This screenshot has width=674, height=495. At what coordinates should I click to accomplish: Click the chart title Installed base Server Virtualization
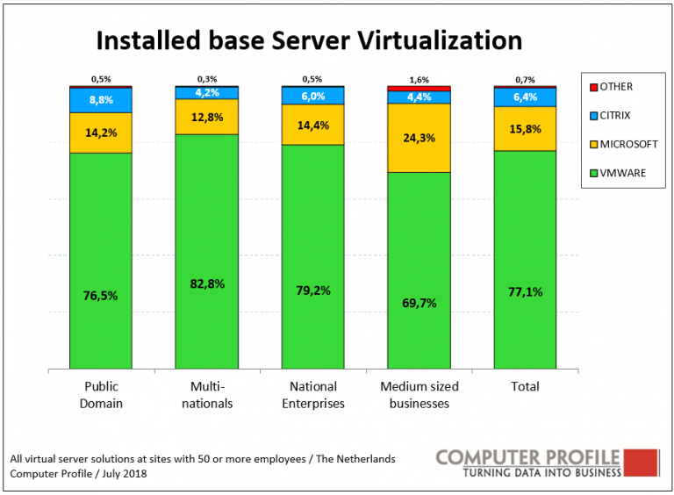[x=308, y=40]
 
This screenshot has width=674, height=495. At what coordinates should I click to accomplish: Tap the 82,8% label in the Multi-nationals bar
[x=206, y=283]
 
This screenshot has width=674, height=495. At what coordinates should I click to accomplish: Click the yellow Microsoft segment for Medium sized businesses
[x=419, y=138]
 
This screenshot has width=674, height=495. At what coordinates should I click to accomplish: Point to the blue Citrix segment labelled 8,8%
[x=101, y=100]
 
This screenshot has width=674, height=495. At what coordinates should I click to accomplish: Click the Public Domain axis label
[x=101, y=395]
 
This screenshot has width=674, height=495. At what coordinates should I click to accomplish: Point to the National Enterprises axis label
[x=312, y=395]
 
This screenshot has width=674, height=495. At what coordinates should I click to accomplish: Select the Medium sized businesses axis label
[x=419, y=395]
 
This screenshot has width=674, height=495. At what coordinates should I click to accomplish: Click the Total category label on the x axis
[x=525, y=386]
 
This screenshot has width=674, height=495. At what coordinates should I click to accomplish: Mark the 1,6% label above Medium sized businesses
[x=419, y=79]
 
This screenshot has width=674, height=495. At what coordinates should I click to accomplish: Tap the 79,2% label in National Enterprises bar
[x=312, y=290]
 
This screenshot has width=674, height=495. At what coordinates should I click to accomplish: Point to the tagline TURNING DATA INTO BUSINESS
[x=541, y=473]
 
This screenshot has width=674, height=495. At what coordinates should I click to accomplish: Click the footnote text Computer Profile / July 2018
[x=78, y=474]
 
